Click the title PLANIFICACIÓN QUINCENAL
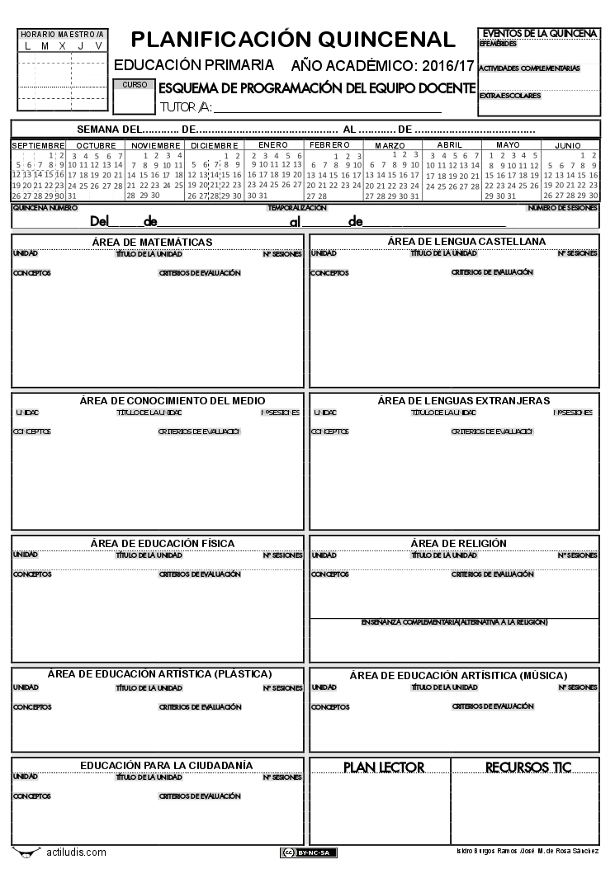tap(293, 39)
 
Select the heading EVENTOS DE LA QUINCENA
tap(539, 33)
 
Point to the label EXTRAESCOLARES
tap(509, 96)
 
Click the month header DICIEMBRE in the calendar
tap(214, 145)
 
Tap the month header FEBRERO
tap(329, 144)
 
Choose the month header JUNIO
tap(568, 145)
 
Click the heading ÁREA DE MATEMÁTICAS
tap(157, 242)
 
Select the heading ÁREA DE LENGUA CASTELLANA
tap(455, 241)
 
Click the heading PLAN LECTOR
tap(384, 767)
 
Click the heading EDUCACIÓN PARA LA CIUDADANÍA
tap(166, 766)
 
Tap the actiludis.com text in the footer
tap(76, 852)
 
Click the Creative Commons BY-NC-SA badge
tap(308, 852)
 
